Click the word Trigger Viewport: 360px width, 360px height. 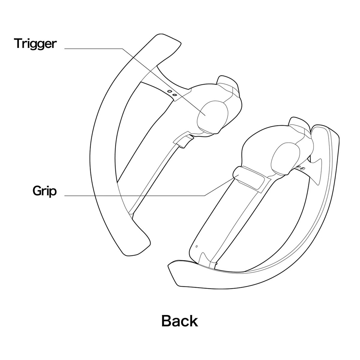click(35, 44)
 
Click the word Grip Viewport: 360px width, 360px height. click(44, 191)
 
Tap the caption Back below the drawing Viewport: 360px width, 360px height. click(179, 321)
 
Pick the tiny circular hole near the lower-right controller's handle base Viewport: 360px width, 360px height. click(196, 246)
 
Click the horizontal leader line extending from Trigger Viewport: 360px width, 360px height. click(93, 49)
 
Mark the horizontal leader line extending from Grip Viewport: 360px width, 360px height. click(134, 196)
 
